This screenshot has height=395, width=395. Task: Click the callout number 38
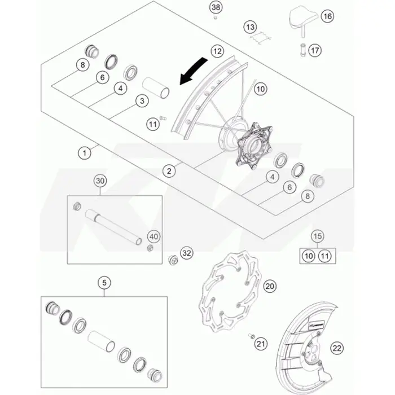(x=216, y=7)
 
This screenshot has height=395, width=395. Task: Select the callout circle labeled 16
(x=327, y=16)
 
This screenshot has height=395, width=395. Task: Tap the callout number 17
(x=315, y=50)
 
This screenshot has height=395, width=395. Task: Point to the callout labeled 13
(x=250, y=27)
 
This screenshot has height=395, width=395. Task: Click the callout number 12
(x=217, y=51)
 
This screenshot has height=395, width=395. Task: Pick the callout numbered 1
(x=85, y=153)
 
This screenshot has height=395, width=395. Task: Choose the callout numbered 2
(x=169, y=172)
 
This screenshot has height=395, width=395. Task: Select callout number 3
(x=142, y=101)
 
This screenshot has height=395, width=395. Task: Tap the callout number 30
(x=100, y=181)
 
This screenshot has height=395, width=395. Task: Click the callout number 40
(x=153, y=236)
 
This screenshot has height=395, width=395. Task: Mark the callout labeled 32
(x=187, y=253)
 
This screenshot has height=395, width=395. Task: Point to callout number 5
(x=104, y=283)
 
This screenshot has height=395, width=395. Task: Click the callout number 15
(x=317, y=236)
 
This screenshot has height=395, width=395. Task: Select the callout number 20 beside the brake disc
(x=270, y=286)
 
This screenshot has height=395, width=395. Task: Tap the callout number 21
(x=261, y=344)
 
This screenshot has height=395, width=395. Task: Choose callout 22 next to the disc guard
(x=337, y=348)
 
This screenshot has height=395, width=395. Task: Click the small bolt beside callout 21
(x=251, y=336)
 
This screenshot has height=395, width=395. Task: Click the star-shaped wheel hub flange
(x=254, y=146)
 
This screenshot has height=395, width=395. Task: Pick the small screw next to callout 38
(x=216, y=17)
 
